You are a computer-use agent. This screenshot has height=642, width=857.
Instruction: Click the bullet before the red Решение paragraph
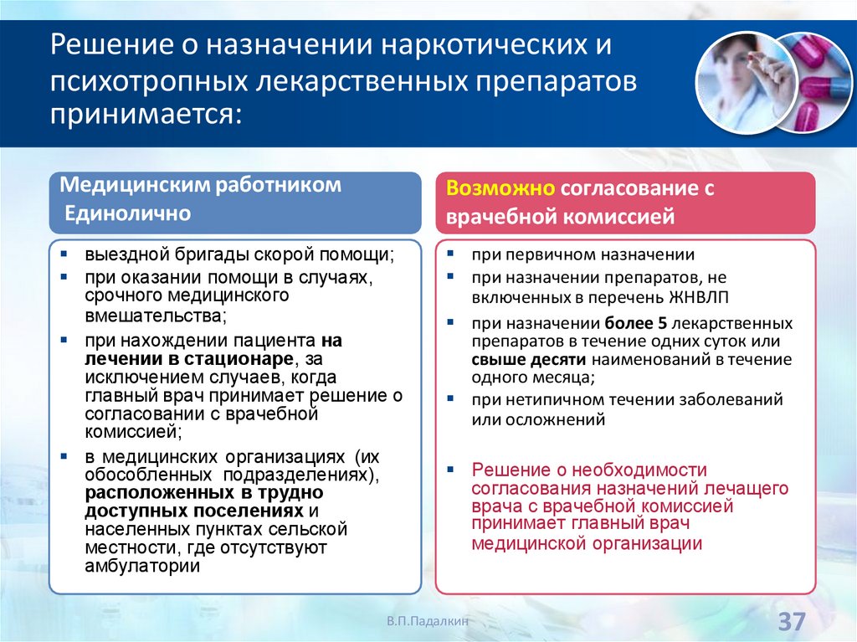pyautogui.click(x=450, y=470)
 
